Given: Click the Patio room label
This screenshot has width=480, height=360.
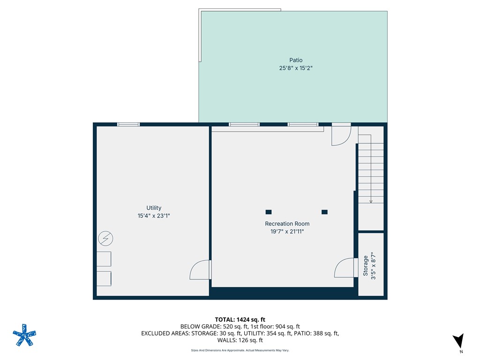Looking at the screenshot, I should [295, 60].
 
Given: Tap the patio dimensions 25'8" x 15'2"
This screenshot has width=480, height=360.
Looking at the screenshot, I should [295, 68].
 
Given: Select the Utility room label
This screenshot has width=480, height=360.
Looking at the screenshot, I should [154, 208].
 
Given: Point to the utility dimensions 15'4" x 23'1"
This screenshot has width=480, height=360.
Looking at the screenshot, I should [154, 216].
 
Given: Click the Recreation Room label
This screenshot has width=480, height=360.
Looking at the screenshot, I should [287, 224].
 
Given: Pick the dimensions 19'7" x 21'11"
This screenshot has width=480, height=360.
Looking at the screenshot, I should [287, 231].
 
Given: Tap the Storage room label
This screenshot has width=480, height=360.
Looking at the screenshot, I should [366, 265].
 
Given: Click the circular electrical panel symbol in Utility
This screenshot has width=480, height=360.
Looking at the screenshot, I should [105, 239].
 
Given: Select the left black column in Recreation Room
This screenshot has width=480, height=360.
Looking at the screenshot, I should [268, 212].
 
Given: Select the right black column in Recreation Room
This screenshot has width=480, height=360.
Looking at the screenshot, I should [324, 212].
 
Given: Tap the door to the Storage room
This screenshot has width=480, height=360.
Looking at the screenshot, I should [345, 268].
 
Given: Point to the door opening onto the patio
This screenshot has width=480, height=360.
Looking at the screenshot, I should [341, 135].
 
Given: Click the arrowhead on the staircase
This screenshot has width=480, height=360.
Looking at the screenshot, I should [371, 201].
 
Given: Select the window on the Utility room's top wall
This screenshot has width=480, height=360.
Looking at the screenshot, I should [128, 124].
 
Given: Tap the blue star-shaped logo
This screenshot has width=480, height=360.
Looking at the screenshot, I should [24, 335].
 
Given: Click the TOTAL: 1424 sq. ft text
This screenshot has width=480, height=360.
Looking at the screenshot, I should [240, 319].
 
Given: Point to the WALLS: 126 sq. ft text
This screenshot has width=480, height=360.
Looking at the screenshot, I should [240, 340].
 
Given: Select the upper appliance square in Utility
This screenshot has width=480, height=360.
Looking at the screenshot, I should [104, 259].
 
